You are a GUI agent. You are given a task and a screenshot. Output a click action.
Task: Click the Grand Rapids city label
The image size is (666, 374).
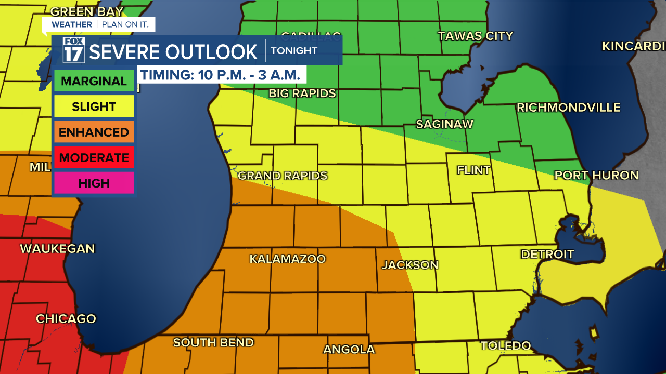283,176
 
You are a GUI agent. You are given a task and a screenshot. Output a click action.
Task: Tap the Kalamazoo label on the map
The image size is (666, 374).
287,259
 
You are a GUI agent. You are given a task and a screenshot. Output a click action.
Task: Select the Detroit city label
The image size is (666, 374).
547,255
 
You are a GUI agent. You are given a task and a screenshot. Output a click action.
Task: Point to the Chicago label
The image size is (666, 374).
66,319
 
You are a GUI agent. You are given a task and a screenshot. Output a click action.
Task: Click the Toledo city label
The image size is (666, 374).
505,346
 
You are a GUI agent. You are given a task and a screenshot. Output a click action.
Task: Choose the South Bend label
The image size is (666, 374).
213,343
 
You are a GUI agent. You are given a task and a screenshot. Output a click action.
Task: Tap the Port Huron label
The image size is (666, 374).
596,176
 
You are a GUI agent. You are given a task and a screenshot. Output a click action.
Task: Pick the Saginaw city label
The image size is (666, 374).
444,124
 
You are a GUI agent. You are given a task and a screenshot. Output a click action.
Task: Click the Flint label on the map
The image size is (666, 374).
473,170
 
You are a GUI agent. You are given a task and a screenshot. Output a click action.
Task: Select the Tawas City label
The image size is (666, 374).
475,36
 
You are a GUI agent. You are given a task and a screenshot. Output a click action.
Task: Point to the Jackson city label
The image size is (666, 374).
410,265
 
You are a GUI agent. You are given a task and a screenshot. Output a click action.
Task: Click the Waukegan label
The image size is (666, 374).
57,249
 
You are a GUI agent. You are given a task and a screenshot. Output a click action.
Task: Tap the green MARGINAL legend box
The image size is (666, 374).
94,81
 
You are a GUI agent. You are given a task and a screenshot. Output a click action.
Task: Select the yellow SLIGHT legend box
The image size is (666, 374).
94,106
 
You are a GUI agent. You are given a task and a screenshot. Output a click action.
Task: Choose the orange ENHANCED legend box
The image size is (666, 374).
94,132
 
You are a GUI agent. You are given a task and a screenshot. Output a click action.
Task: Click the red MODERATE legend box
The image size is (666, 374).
94,157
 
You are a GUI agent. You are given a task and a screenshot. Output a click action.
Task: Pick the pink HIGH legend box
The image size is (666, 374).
94,183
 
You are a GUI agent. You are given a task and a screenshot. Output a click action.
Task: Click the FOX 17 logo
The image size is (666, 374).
73,50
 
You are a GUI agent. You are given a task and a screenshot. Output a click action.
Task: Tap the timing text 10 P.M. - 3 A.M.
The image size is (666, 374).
221,75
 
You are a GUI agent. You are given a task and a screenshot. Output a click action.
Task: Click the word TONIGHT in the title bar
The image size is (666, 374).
294,51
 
